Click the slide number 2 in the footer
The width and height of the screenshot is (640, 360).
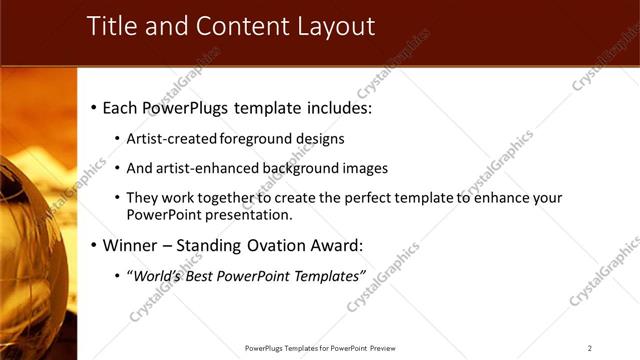pyautogui.click(x=590, y=348)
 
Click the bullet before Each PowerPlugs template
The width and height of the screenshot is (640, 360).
pyautogui.click(x=94, y=106)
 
